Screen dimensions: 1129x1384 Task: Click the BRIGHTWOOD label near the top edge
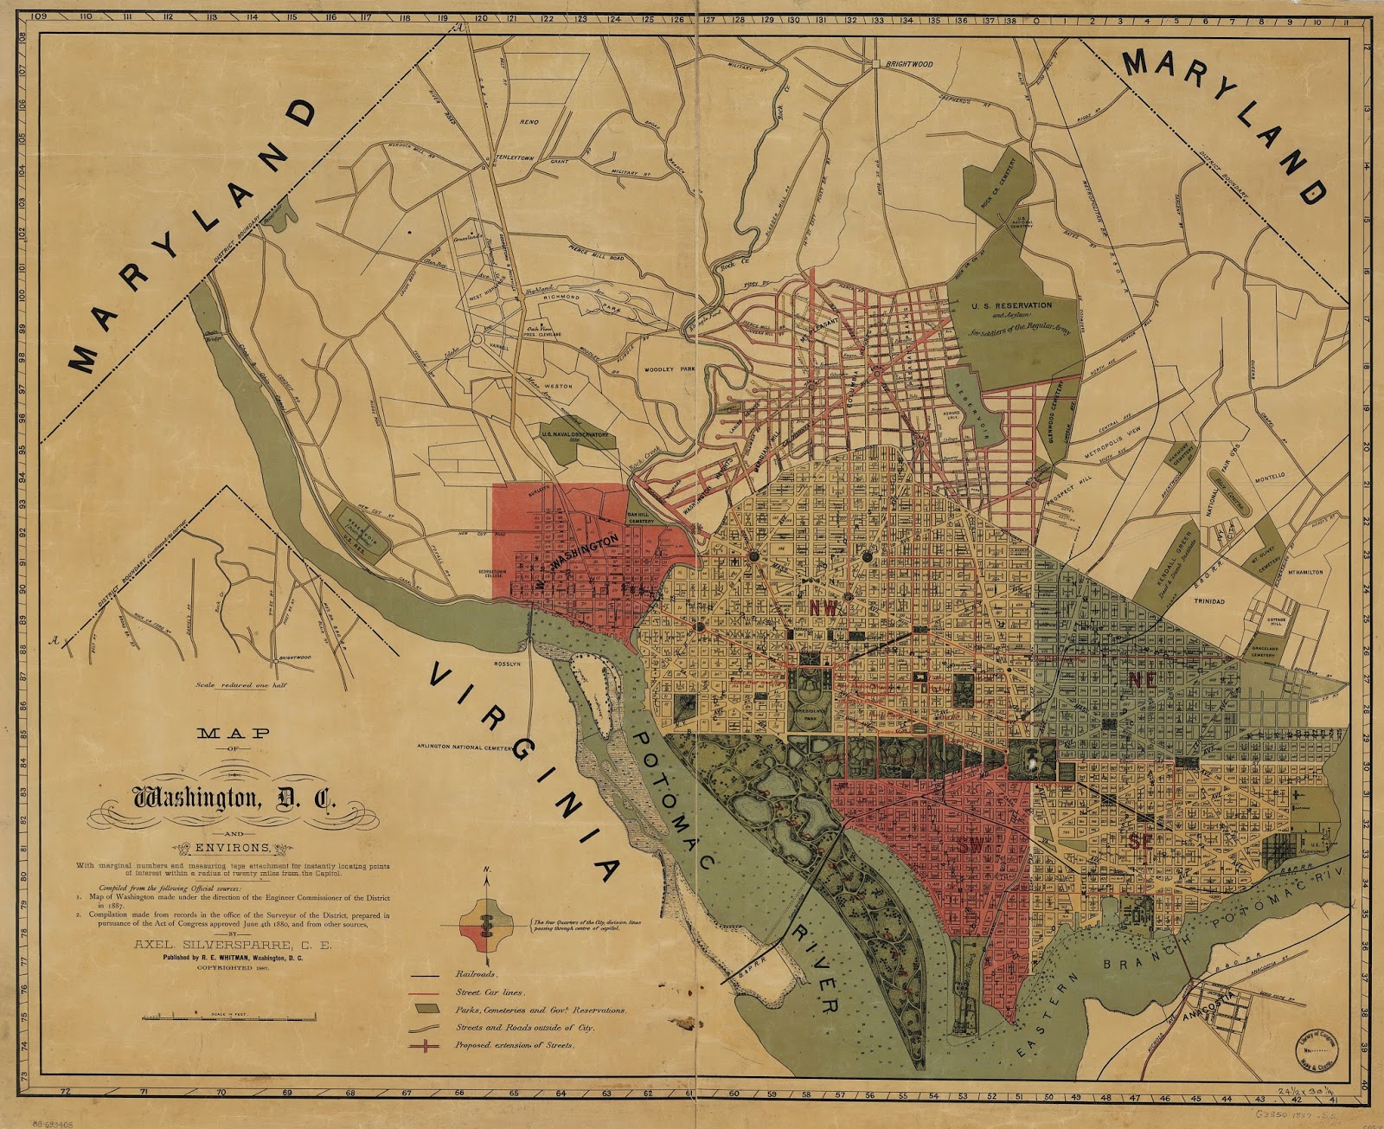[x=908, y=64]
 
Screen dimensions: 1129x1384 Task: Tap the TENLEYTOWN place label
[x=515, y=158]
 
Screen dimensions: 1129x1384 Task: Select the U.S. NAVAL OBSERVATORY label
[x=575, y=434]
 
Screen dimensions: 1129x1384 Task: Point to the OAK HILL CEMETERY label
[x=641, y=517]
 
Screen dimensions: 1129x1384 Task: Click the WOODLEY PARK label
[x=670, y=369]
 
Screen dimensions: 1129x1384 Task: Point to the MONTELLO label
[x=1270, y=477]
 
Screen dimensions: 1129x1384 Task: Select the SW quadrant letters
[x=971, y=846]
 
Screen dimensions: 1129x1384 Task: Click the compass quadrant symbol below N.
[x=486, y=925]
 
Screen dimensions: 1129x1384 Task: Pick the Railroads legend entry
[x=476, y=974]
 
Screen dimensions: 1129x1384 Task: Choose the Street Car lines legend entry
[x=490, y=992]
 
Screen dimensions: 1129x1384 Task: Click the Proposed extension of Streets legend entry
[x=514, y=1045]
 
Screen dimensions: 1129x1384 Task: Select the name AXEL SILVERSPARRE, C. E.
[x=232, y=945]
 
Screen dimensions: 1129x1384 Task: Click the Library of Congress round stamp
[x=1316, y=1051]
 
